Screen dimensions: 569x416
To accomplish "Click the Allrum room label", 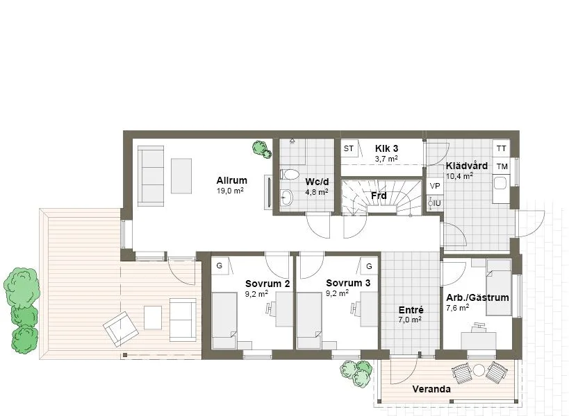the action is (231, 180).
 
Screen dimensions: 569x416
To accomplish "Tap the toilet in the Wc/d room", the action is (289, 175).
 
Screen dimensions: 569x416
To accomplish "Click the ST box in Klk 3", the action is (349, 148).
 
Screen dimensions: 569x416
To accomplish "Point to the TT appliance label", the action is (501, 148).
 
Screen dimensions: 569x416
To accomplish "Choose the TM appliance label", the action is (502, 166).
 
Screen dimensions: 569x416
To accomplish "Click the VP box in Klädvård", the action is (435, 186).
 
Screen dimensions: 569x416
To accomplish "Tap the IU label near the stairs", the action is (437, 203).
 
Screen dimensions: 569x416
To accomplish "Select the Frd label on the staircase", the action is (379, 196).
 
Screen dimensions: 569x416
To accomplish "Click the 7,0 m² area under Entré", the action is (410, 320).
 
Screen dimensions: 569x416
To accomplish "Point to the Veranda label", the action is (431, 389).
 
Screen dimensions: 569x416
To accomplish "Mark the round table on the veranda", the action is (479, 370).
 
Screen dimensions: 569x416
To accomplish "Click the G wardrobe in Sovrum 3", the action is (369, 266).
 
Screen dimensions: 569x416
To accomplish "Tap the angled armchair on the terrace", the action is (121, 329).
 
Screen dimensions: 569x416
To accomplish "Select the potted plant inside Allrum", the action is (262, 149).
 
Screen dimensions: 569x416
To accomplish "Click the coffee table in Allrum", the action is (181, 176).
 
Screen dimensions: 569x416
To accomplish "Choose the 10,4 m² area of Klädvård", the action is (459, 176).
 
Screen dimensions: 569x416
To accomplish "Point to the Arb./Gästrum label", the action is (477, 297).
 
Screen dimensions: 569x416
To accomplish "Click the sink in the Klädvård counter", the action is (500, 183).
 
